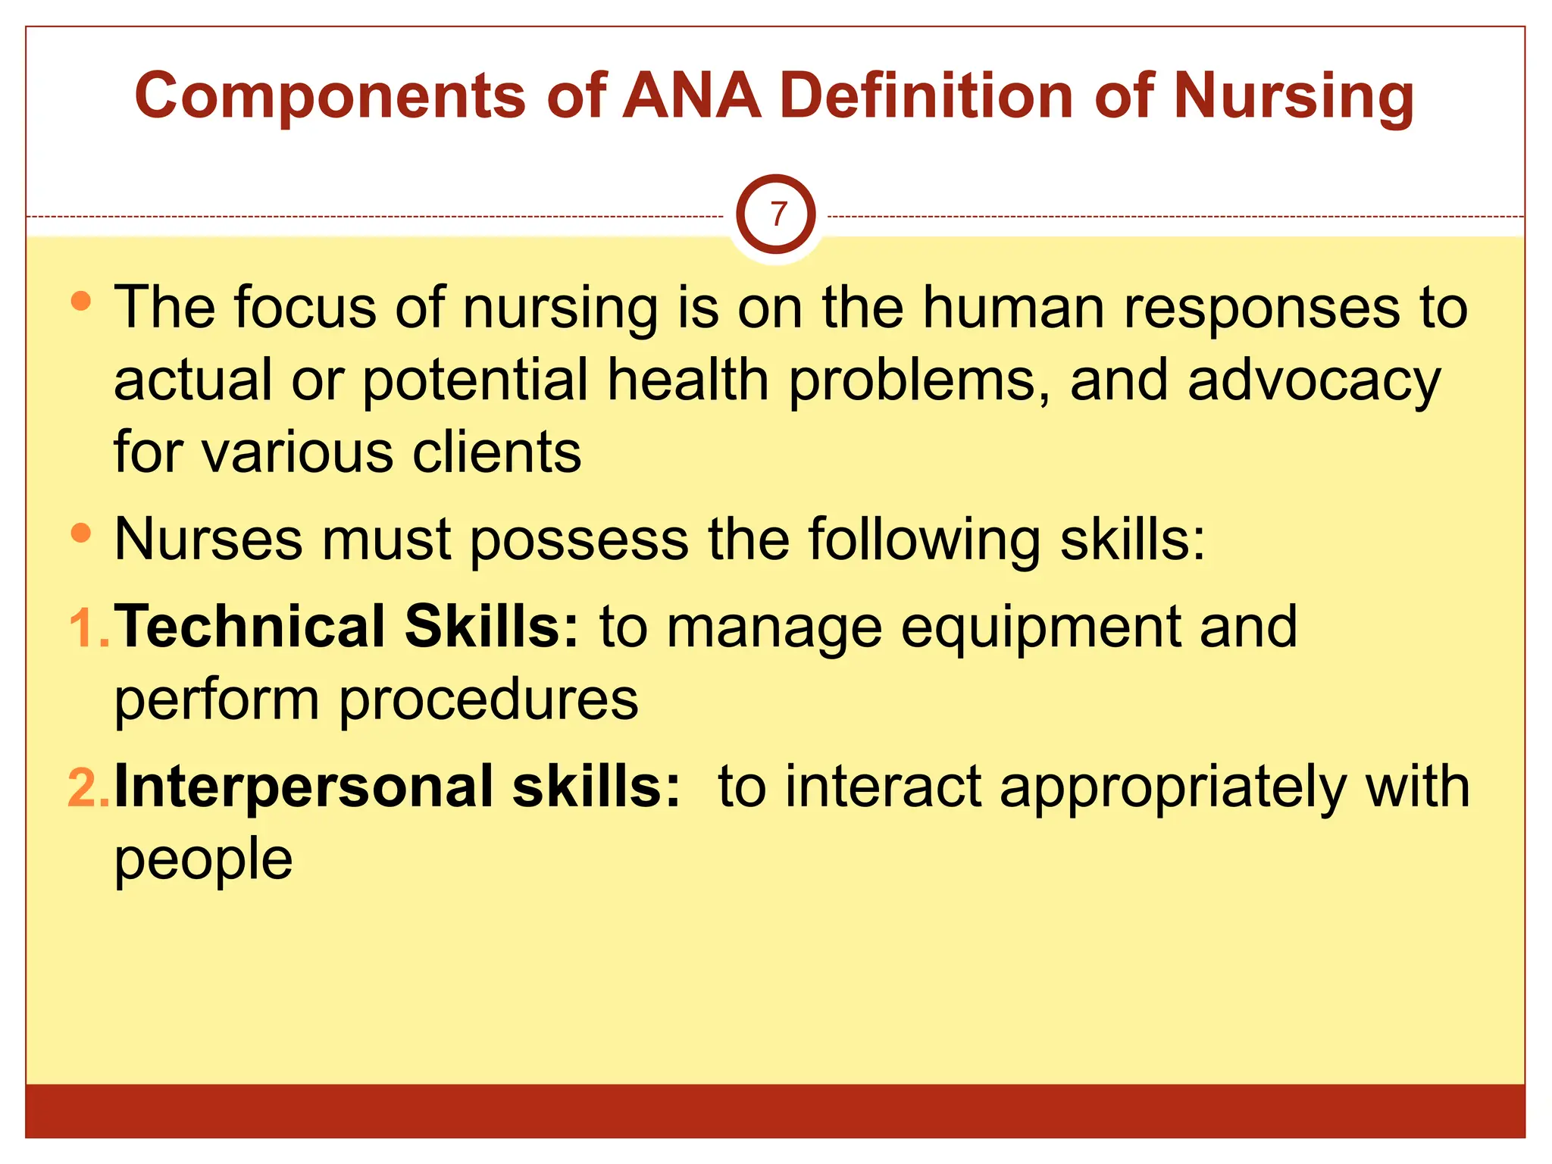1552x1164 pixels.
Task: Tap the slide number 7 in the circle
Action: click(x=777, y=214)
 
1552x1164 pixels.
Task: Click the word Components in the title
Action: click(x=330, y=96)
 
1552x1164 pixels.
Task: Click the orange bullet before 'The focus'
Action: click(x=80, y=301)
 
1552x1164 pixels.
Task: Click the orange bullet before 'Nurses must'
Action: click(x=80, y=533)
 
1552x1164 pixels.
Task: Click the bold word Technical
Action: click(x=250, y=627)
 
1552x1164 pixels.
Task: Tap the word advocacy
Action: click(x=1313, y=381)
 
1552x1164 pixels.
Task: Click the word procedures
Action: click(x=488, y=700)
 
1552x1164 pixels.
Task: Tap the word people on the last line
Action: click(x=203, y=860)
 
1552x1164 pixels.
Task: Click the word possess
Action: click(x=579, y=540)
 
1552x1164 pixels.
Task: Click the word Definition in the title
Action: click(x=926, y=96)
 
